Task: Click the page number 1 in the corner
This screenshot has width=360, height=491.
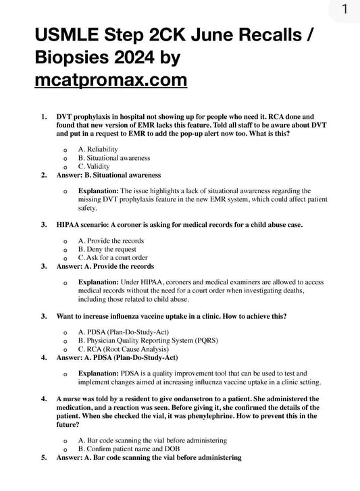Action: click(x=344, y=9)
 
